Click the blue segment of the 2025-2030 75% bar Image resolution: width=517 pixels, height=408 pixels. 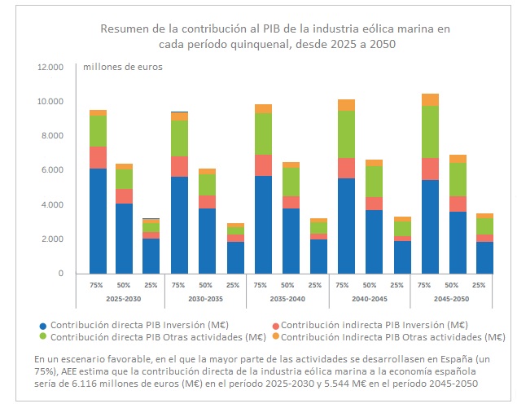point(99,220)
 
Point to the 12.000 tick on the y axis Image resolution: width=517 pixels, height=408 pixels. point(50,68)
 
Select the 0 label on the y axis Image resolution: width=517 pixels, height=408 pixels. point(60,274)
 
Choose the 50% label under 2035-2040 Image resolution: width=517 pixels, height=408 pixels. point(288,286)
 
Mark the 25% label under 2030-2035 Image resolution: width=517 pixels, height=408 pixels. point(234,286)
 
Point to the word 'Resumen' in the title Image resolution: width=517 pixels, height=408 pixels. point(125,29)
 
